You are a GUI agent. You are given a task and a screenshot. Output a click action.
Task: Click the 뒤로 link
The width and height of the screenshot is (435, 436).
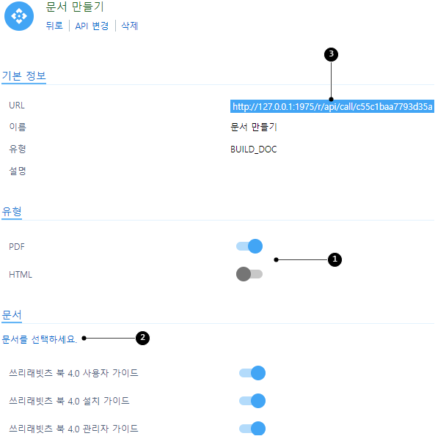54,26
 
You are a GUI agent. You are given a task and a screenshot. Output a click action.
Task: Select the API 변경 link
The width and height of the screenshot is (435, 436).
92,26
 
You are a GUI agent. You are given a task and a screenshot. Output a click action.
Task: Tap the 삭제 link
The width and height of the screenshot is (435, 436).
129,26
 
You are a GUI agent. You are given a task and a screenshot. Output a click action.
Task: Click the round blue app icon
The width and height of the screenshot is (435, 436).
19,16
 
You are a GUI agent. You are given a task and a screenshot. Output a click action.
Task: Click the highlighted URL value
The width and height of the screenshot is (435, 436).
332,106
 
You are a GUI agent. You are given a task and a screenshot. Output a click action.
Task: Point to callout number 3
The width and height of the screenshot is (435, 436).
331,54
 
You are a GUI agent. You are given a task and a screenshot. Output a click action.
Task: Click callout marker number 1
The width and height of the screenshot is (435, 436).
335,259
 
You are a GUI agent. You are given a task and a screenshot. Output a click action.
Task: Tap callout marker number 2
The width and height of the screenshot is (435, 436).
142,338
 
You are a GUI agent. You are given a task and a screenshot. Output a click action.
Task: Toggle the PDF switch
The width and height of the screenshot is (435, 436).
249,246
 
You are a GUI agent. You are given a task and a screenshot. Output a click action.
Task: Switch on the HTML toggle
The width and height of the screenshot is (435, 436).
249,274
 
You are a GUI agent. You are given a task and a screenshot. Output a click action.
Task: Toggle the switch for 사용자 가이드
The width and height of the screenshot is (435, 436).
252,373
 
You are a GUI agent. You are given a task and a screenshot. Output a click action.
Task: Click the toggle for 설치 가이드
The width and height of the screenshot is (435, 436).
252,401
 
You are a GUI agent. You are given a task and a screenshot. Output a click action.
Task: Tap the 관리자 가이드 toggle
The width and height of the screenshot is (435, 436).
252,428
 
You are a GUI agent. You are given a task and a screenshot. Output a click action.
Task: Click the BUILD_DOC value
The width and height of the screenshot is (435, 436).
254,149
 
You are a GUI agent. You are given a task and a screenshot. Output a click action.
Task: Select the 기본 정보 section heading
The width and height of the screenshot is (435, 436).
24,75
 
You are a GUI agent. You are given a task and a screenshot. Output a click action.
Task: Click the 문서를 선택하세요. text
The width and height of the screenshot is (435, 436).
39,339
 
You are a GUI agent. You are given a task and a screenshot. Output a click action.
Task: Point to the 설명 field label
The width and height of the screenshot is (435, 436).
18,171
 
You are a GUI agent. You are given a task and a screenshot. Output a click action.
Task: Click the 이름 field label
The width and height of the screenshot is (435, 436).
18,127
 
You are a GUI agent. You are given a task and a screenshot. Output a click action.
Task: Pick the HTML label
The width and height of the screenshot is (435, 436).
21,275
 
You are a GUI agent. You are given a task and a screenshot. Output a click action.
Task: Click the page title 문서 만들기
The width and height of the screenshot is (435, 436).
75,7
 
